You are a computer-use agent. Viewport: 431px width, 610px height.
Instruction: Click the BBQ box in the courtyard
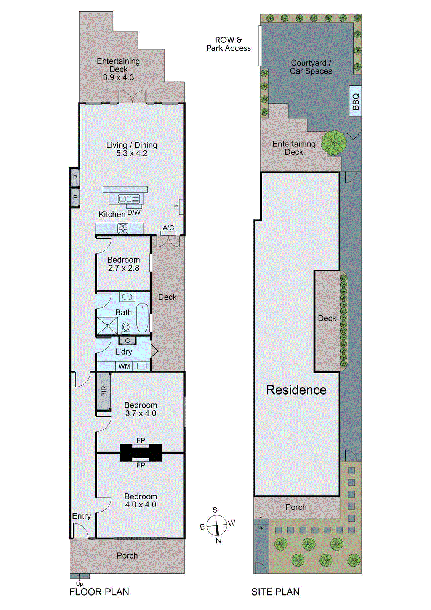tap(355, 101)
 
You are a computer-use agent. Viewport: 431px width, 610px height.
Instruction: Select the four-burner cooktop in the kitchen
tap(123, 228)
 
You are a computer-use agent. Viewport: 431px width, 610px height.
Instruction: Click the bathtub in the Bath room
tap(143, 318)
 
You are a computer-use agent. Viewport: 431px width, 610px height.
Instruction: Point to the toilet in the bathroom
tap(126, 327)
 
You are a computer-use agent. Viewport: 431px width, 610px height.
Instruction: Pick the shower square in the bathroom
tap(107, 326)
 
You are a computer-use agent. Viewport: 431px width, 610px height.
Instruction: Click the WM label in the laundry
tap(124, 366)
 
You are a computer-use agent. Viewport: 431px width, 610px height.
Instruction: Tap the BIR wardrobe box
tap(104, 391)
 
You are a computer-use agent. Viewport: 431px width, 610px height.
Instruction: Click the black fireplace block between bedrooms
tap(141, 453)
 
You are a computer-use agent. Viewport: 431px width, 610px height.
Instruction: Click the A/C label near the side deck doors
tap(168, 228)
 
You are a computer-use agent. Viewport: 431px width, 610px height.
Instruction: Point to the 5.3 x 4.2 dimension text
tap(131, 153)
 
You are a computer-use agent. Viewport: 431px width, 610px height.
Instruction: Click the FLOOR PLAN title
tap(99, 592)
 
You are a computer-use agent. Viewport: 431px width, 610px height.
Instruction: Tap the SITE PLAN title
tap(275, 592)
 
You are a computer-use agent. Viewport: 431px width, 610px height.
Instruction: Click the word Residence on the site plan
tap(296, 390)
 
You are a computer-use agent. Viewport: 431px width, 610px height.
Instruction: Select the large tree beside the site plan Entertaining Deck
tap(334, 143)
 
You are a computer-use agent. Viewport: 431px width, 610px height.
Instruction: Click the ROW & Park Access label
tap(229, 44)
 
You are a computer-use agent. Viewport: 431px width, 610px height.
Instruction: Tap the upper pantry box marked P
tap(75, 178)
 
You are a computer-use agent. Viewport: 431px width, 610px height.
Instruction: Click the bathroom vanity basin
tap(127, 297)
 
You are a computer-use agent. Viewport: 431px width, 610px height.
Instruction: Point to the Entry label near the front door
tap(81, 516)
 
